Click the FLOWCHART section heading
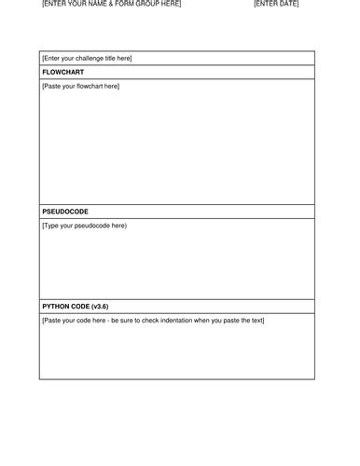(62, 72)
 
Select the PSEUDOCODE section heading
(66, 212)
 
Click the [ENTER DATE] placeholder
(276, 5)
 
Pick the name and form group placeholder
(112, 5)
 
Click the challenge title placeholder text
(88, 58)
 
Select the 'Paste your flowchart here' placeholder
(81, 87)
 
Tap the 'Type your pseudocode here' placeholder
(85, 226)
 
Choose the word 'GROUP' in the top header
(142, 5)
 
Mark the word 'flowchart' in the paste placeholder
(89, 87)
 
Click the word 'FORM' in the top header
(121, 5)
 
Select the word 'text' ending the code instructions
(257, 321)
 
